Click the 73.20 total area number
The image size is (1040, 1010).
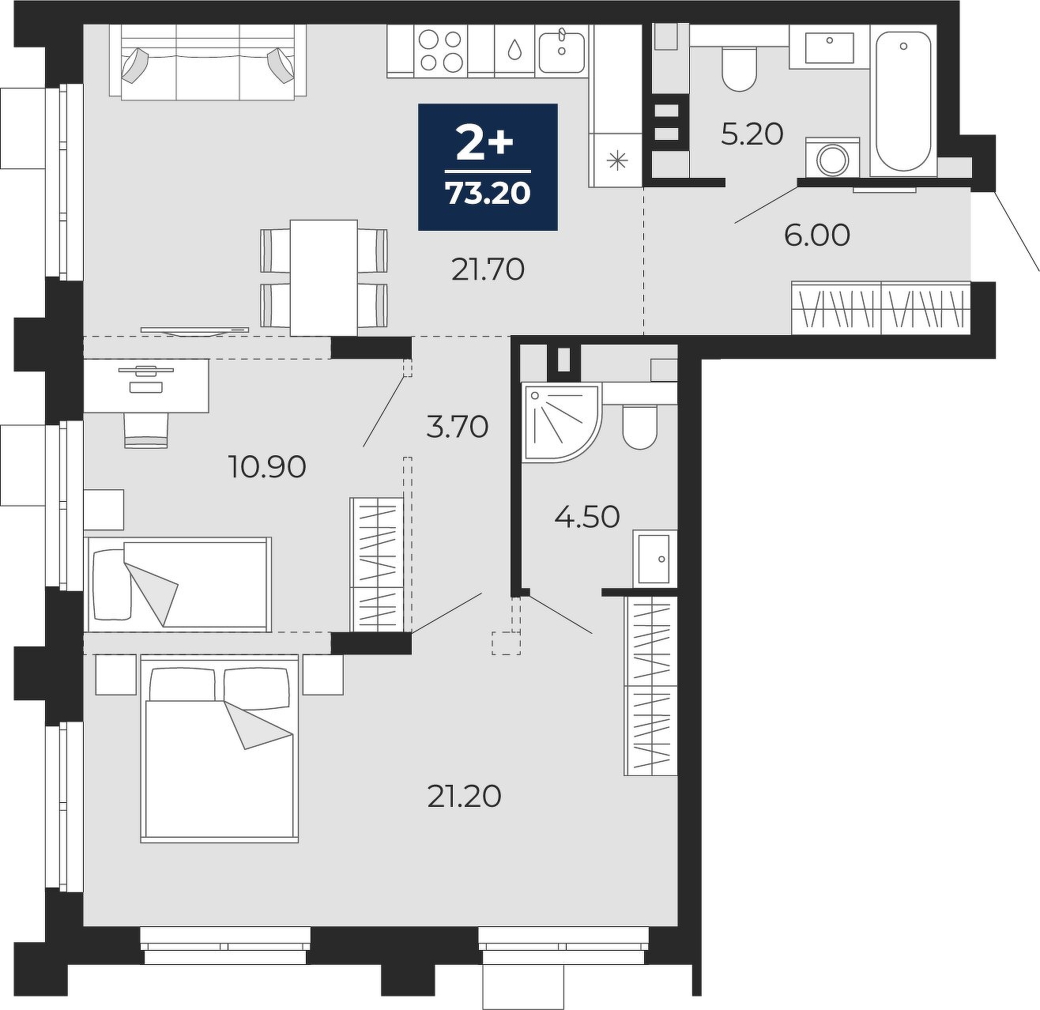(488, 193)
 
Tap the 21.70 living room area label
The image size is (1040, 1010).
(488, 269)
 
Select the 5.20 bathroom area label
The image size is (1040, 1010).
(752, 134)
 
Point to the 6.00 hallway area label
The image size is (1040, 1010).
(816, 236)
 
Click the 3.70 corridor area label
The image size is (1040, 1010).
(458, 427)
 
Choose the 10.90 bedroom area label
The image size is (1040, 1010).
(267, 466)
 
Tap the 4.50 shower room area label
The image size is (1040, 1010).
(587, 517)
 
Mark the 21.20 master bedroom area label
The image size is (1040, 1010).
(464, 797)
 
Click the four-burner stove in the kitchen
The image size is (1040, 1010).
(441, 51)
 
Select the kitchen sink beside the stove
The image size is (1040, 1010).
(561, 51)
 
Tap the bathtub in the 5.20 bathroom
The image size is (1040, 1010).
(903, 102)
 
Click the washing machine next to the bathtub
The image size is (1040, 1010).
(832, 156)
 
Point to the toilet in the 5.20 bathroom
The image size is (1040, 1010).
(739, 69)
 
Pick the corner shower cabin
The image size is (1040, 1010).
(562, 422)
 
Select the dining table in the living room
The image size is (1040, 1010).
(324, 277)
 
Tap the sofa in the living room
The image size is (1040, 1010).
(208, 62)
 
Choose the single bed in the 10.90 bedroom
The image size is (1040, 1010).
(178, 584)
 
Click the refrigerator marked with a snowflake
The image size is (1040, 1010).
(617, 160)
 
